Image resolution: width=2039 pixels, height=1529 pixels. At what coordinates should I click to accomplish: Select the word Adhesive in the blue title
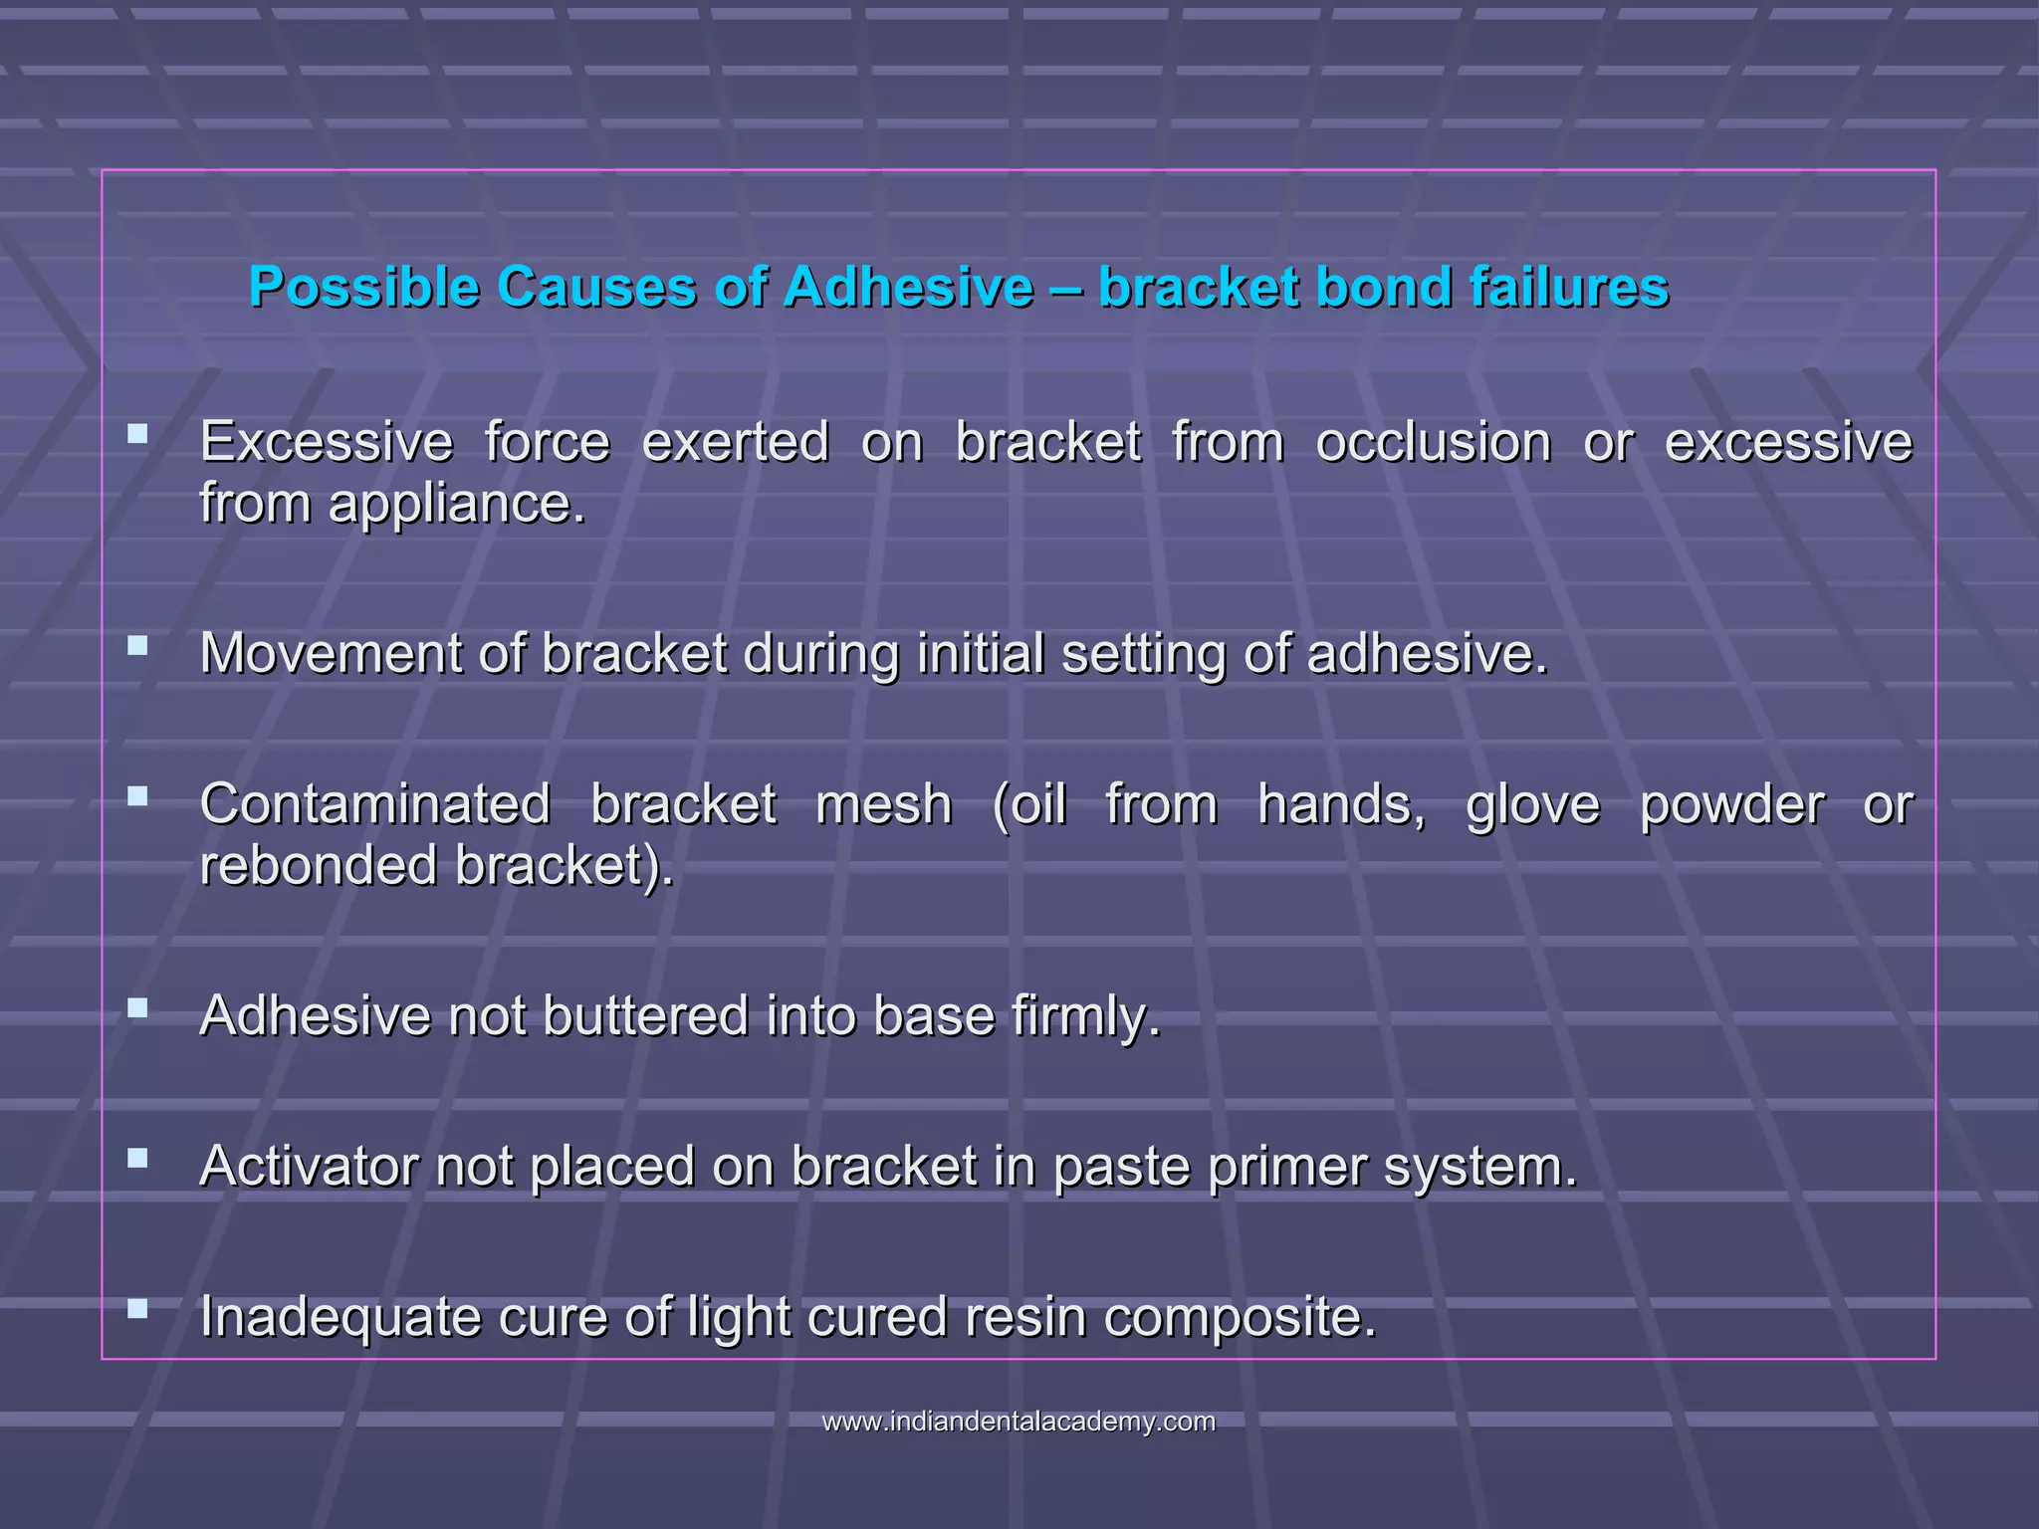pos(908,288)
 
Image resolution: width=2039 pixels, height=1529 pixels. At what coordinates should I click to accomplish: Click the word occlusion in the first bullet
pos(1433,443)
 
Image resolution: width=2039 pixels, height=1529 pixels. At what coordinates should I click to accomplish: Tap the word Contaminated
pos(374,804)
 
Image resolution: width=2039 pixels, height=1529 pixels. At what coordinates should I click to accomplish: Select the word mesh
pos(883,804)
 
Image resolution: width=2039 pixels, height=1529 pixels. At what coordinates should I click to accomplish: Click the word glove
pos(1532,804)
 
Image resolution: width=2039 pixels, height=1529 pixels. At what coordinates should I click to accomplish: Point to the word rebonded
pos(318,865)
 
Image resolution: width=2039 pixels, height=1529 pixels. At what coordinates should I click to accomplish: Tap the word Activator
pos(308,1166)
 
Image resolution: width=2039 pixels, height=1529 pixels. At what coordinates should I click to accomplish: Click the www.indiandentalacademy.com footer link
pos(1019,1421)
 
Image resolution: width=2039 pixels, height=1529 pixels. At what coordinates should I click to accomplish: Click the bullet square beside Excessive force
pos(138,434)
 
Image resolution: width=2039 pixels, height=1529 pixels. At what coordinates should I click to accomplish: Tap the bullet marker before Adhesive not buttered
pos(138,1008)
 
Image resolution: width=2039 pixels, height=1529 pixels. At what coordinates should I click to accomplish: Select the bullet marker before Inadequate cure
pos(138,1308)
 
